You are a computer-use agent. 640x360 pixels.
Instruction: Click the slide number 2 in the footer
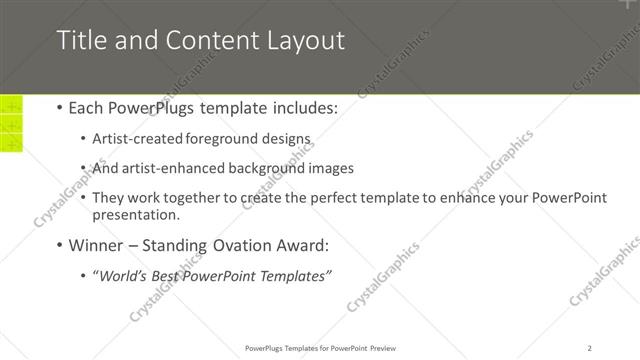point(590,348)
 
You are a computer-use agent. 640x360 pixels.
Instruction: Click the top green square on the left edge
point(11,104)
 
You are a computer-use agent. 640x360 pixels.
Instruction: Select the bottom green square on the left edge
point(11,144)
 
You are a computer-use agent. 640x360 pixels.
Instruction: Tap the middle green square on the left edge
point(11,124)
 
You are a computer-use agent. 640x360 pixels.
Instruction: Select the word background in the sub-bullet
point(268,168)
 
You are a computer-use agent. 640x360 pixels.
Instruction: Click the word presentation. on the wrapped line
point(136,214)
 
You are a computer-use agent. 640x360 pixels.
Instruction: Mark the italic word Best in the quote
point(172,276)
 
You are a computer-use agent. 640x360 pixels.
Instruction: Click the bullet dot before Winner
point(59,244)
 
